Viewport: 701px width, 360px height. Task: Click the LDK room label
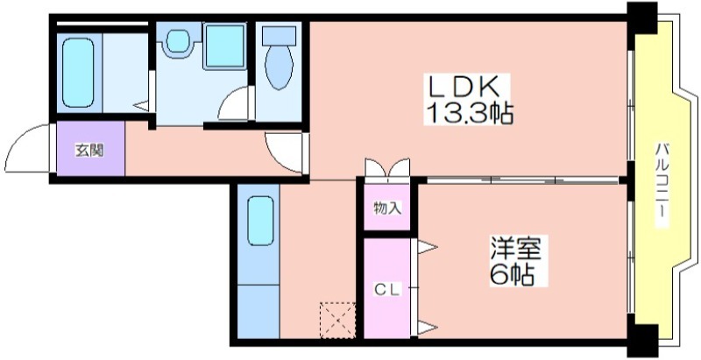coord(464,87)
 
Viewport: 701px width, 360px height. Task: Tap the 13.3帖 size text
coord(470,113)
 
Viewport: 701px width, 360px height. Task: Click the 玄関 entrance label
coord(89,150)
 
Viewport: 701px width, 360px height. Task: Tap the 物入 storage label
coord(386,208)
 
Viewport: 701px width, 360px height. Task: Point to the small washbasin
coord(180,39)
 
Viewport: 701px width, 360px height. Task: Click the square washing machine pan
coord(224,46)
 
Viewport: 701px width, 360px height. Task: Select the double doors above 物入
coord(386,167)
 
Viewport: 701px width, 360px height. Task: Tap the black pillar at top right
coord(641,15)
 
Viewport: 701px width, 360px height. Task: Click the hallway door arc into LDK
coord(283,149)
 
